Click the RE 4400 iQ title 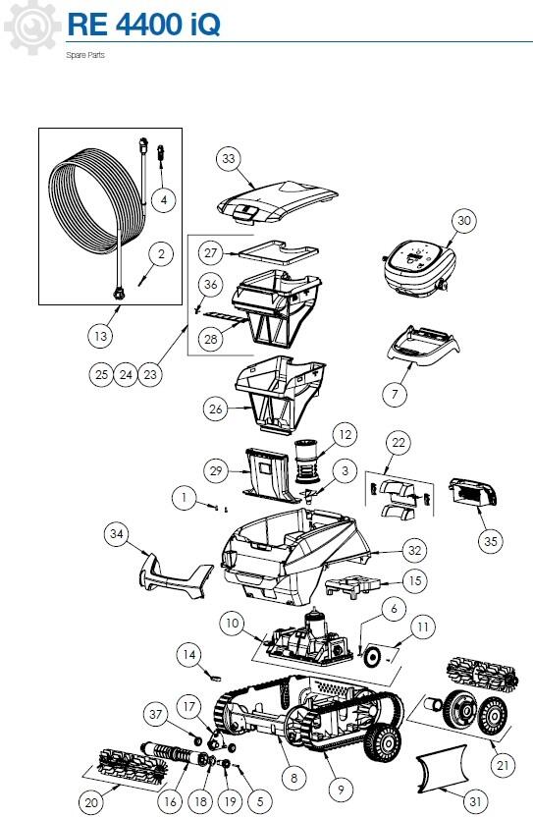point(144,25)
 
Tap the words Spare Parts point(85,55)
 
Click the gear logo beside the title point(31,27)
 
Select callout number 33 point(229,159)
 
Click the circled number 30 point(463,221)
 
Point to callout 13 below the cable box point(100,336)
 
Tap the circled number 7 point(395,394)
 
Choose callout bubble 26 point(215,409)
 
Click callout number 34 point(116,533)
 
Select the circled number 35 point(491,541)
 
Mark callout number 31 point(475,800)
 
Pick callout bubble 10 point(232,623)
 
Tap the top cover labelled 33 point(278,203)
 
